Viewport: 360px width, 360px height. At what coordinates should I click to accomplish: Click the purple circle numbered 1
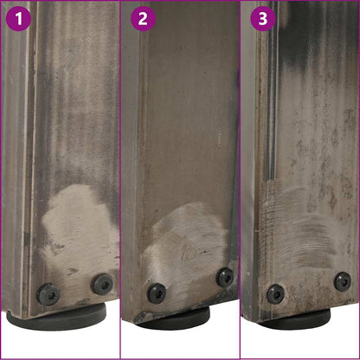click(18, 19)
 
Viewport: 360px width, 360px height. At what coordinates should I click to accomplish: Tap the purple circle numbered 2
click(143, 19)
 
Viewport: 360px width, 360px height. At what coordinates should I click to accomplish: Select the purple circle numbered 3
click(263, 19)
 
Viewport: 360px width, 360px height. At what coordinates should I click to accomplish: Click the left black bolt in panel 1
click(48, 294)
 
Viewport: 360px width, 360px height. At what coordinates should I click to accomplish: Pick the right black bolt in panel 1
click(102, 283)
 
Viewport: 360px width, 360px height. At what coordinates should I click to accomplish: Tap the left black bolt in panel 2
click(157, 293)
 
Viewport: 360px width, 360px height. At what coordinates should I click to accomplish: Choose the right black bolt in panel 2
click(225, 277)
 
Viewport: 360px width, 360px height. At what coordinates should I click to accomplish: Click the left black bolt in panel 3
click(276, 294)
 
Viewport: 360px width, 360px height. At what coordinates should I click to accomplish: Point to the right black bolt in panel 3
click(343, 281)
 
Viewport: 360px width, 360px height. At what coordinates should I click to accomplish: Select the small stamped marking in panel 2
click(221, 138)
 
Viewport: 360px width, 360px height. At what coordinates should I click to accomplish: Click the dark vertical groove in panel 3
click(271, 95)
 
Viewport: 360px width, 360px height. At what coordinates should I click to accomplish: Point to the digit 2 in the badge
click(143, 19)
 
